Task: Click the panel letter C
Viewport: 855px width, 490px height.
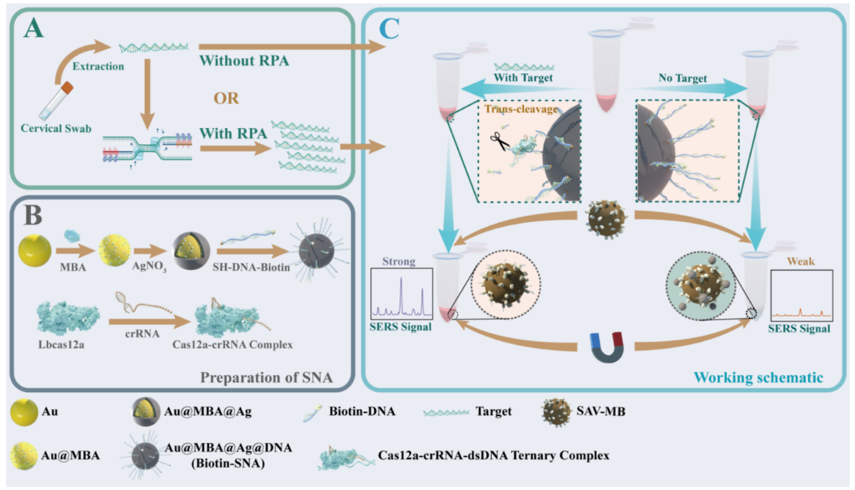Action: (388, 29)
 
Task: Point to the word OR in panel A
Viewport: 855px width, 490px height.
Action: (228, 98)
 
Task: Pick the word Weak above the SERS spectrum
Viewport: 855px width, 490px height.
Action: (800, 260)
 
